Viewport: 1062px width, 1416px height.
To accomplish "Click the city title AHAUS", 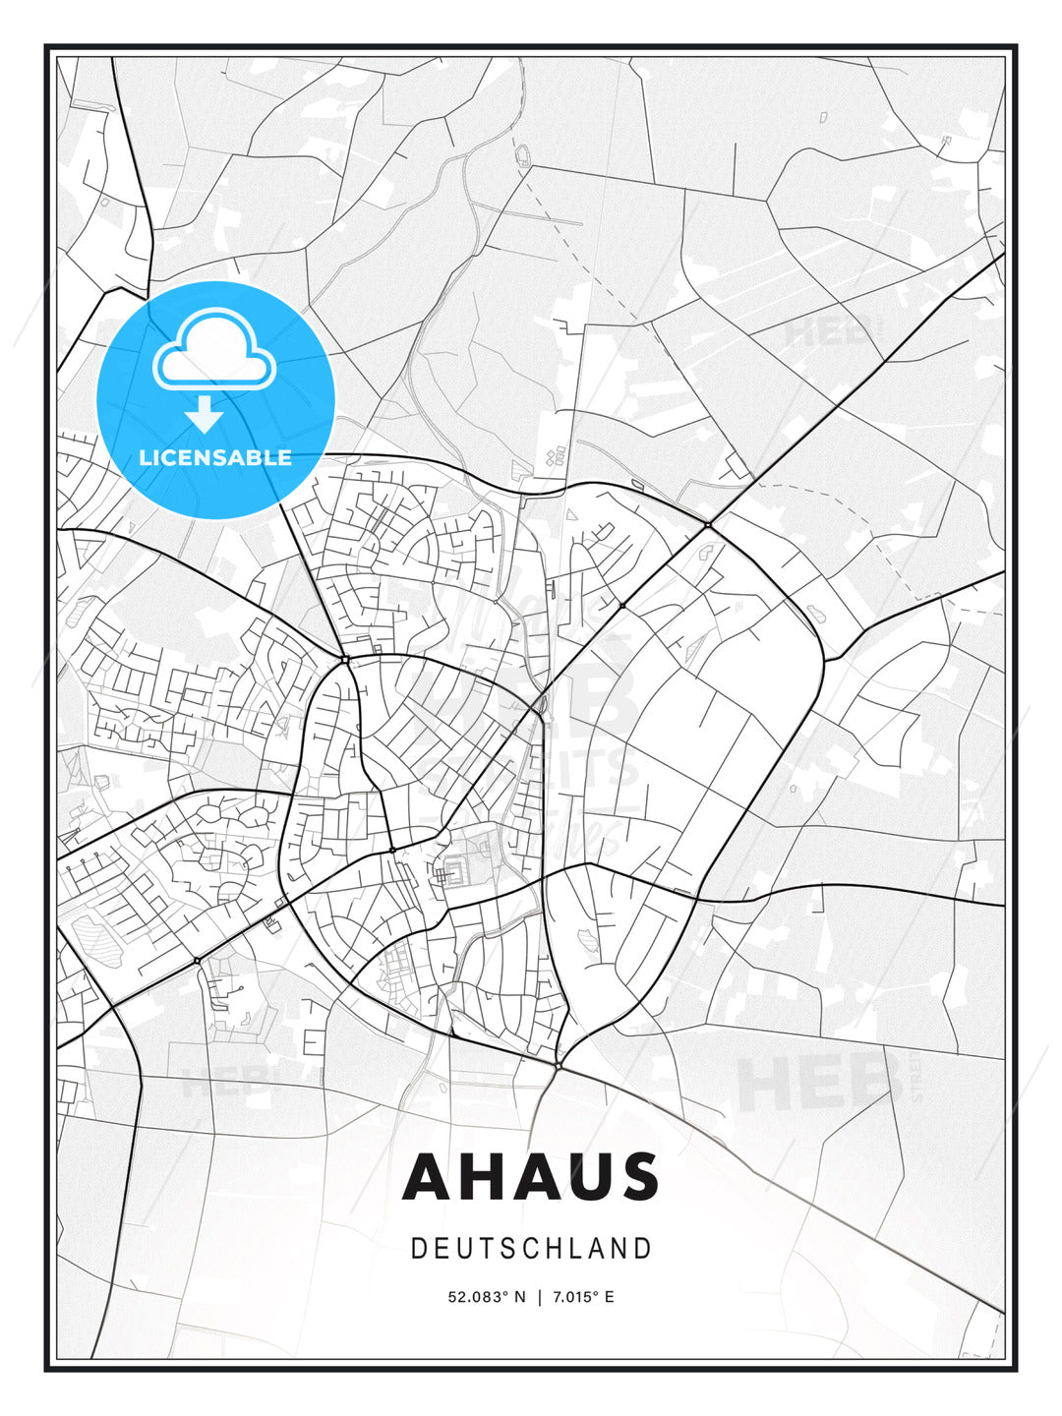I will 530,1176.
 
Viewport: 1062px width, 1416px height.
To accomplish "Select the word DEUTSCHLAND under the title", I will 531,1249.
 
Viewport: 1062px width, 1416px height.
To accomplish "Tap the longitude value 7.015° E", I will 583,1297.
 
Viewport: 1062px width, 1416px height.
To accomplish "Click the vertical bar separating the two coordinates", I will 539,1297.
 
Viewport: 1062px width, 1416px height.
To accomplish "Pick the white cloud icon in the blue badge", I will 213,350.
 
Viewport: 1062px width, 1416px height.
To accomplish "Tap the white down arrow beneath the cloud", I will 205,415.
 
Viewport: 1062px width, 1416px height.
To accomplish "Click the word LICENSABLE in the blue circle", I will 215,457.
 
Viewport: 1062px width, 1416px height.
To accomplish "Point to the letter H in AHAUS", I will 477,1176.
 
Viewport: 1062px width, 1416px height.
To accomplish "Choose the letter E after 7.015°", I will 610,1297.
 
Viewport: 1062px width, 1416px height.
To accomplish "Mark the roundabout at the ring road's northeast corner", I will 707,525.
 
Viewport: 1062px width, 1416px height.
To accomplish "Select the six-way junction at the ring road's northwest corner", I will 346,659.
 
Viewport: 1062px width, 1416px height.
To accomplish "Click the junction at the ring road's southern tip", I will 558,1065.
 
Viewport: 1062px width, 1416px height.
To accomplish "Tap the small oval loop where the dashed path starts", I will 522,155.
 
